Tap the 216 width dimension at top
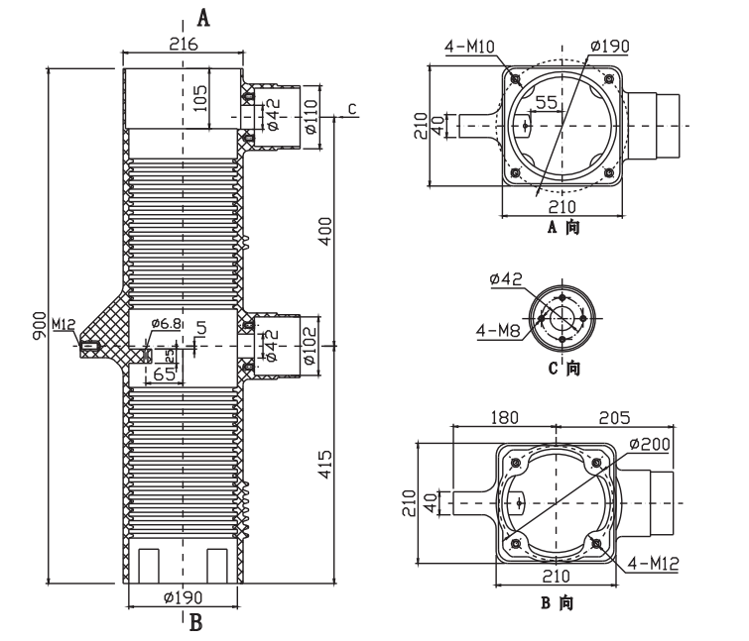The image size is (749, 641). tap(183, 44)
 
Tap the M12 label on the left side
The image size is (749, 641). tap(63, 324)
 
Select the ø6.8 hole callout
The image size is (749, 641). tap(165, 324)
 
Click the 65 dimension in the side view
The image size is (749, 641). tap(165, 374)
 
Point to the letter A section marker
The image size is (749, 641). tap(204, 17)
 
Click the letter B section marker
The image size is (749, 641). tap(195, 622)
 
